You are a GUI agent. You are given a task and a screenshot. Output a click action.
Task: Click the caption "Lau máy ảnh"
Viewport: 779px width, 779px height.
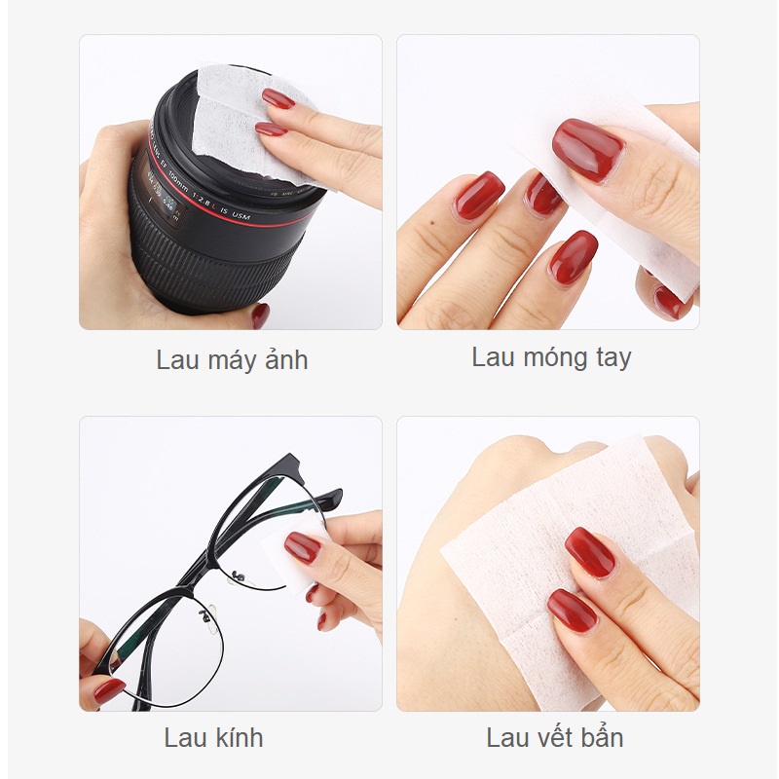(x=232, y=360)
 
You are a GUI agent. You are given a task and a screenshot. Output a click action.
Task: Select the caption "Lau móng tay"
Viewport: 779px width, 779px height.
(x=551, y=357)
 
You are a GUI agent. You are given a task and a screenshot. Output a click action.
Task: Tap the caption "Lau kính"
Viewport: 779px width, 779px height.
(x=213, y=738)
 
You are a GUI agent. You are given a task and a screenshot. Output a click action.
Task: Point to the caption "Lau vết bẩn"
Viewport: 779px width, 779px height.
(x=553, y=738)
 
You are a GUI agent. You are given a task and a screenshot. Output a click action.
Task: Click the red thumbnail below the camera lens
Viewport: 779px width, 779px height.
(x=260, y=315)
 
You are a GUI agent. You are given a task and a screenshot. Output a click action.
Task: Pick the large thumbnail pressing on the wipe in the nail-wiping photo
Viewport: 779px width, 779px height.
(x=587, y=149)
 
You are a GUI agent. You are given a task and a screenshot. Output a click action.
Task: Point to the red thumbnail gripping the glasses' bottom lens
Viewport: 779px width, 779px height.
(x=107, y=690)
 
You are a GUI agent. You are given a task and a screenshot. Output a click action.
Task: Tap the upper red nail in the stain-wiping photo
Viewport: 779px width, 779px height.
(x=590, y=552)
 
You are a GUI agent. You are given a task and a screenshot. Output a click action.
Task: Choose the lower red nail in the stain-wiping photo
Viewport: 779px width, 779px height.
(x=572, y=610)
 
